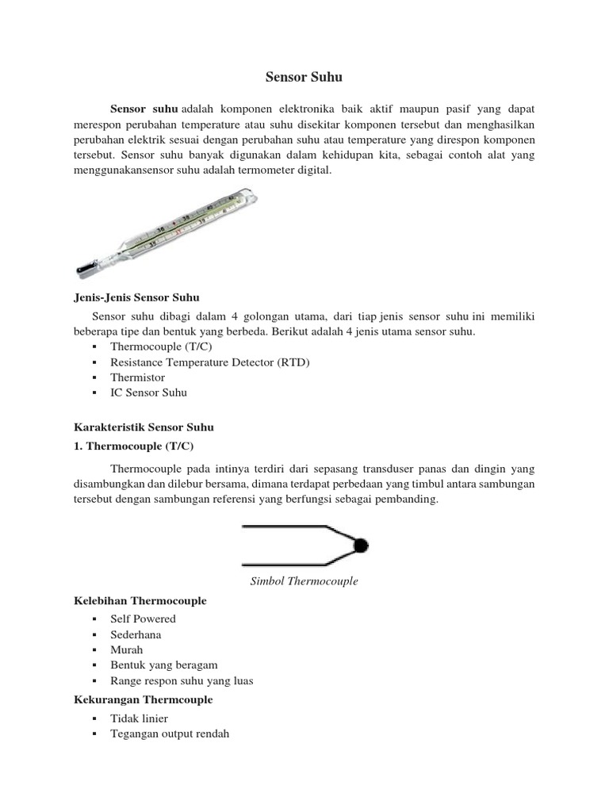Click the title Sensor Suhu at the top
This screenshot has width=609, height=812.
pyautogui.click(x=304, y=78)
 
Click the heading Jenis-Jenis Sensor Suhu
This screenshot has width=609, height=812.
pyautogui.click(x=130, y=297)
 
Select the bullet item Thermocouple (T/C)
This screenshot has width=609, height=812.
pyautogui.click(x=162, y=347)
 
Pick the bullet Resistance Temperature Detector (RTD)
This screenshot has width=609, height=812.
pyautogui.click(x=210, y=362)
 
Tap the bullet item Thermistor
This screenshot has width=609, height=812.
pyautogui.click(x=138, y=377)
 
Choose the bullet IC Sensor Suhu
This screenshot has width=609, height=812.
pyautogui.click(x=149, y=393)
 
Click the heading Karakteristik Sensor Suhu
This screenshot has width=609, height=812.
pyautogui.click(x=139, y=427)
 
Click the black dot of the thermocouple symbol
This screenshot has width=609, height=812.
pyautogui.click(x=361, y=545)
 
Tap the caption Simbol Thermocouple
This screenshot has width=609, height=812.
pyautogui.click(x=304, y=581)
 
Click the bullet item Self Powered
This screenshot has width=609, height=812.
pyautogui.click(x=143, y=619)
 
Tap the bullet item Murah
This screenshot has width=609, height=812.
pyautogui.click(x=128, y=649)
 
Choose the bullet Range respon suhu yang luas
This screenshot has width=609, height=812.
pyautogui.click(x=182, y=680)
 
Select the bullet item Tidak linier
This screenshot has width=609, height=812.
pyautogui.click(x=139, y=718)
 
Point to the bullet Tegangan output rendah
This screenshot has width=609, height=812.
pyautogui.click(x=170, y=733)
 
